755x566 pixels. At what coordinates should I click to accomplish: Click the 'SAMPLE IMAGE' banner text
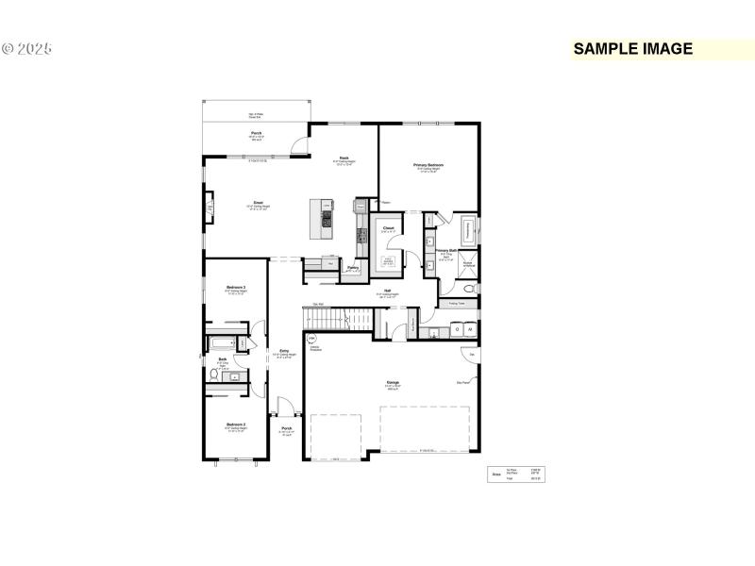point(633,49)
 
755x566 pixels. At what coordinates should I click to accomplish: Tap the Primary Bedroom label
point(428,165)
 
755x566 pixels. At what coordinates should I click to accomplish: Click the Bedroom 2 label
point(236,425)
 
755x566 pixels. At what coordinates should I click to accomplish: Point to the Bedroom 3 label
point(236,287)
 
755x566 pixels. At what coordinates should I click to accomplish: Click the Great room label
point(258,202)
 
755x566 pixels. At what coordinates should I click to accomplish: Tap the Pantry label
point(352,268)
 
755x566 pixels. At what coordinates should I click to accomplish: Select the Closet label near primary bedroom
point(388,226)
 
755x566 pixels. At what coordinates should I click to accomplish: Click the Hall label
point(387,291)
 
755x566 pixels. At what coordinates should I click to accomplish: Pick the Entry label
point(283,350)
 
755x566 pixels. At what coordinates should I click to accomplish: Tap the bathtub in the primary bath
point(468,230)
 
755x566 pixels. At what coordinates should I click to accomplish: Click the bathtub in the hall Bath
point(224,343)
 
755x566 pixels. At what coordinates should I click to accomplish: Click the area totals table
point(515,474)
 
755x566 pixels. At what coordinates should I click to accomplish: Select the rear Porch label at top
point(256,134)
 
